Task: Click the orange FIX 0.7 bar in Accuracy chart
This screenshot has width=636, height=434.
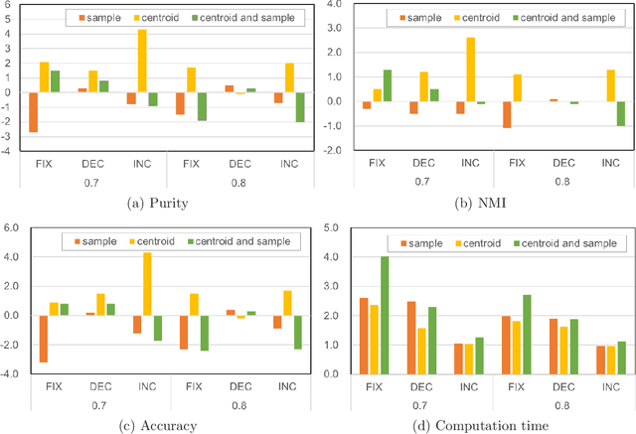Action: [43, 339]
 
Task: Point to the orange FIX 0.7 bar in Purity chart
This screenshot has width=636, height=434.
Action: [33, 112]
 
